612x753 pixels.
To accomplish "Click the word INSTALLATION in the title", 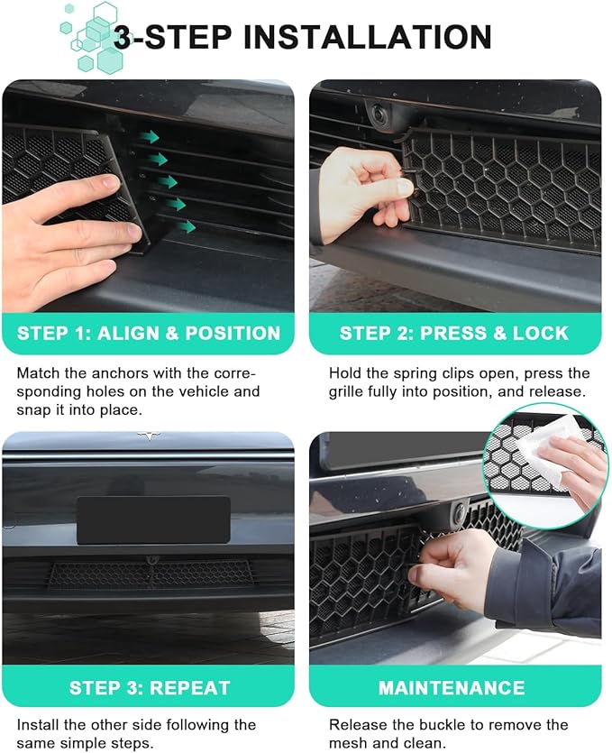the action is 367,37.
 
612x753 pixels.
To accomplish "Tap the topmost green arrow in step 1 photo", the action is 150,137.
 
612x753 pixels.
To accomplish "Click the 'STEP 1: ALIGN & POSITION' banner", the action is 149,334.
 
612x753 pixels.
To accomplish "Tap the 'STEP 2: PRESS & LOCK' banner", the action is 454,334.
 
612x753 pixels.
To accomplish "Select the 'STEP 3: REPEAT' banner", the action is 149,687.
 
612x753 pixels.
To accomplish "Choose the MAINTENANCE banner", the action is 454,687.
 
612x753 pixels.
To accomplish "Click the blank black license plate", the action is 153,520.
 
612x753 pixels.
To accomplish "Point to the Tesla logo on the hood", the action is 149,436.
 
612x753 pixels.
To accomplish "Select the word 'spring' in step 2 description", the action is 416,374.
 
